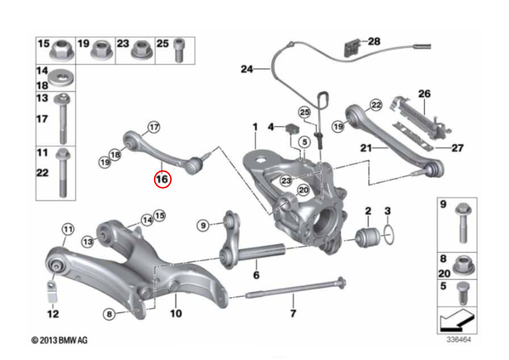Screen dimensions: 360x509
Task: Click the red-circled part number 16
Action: (x=163, y=179)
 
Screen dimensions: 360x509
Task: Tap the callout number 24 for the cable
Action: (x=246, y=69)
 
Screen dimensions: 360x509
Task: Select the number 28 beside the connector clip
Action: (x=374, y=41)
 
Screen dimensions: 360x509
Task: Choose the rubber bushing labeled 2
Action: (x=366, y=236)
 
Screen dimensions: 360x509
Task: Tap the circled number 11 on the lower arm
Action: (x=67, y=230)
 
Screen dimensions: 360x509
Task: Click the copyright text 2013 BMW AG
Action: (x=60, y=339)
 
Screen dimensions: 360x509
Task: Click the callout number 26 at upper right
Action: (x=424, y=94)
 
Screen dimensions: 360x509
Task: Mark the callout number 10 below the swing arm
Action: (x=176, y=314)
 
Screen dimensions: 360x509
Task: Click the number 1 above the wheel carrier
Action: (x=255, y=127)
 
